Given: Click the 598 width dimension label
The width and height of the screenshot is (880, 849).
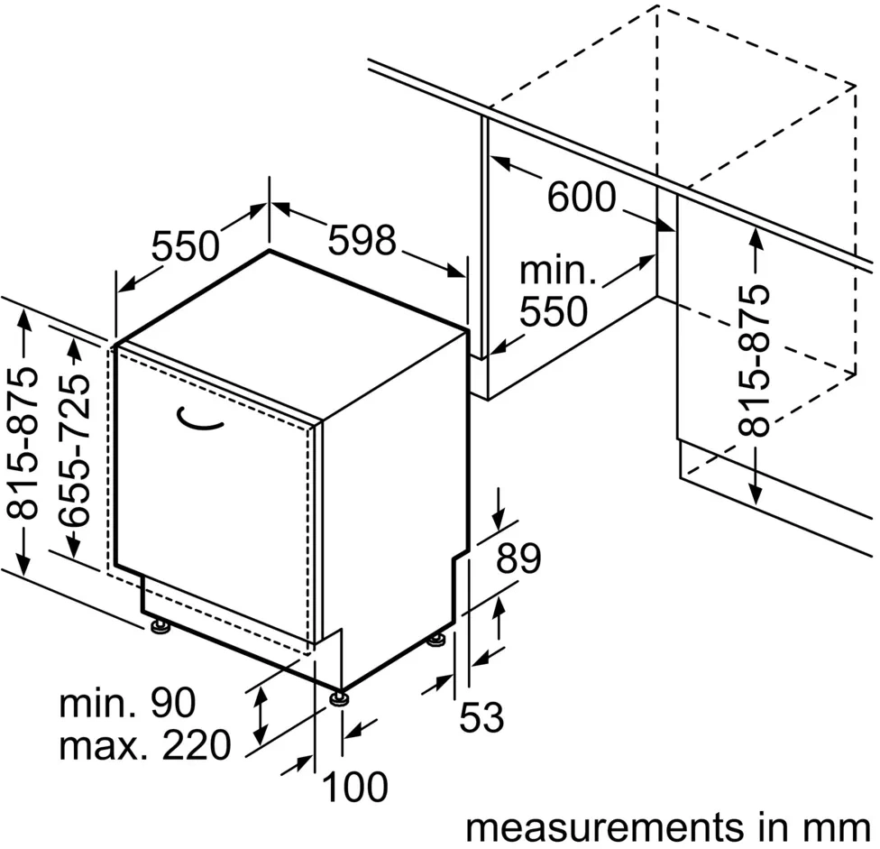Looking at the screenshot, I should [x=362, y=240].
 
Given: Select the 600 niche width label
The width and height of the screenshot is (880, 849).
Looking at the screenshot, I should [x=582, y=197].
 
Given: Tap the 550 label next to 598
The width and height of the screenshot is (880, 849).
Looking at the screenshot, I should [x=185, y=245].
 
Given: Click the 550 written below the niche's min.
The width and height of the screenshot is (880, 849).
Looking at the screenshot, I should [x=554, y=312].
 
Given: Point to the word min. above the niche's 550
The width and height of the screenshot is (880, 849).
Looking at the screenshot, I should [x=559, y=270].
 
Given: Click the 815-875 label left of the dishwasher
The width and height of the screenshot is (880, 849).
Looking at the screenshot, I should [x=25, y=442].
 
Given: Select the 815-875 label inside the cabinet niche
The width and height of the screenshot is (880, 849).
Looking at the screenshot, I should [x=755, y=361].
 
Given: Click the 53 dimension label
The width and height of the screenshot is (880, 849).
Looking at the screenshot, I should [x=481, y=718].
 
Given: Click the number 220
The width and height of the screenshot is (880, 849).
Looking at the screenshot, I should [x=190, y=745].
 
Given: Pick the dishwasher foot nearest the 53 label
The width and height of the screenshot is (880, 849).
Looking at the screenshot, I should [x=436, y=641].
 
